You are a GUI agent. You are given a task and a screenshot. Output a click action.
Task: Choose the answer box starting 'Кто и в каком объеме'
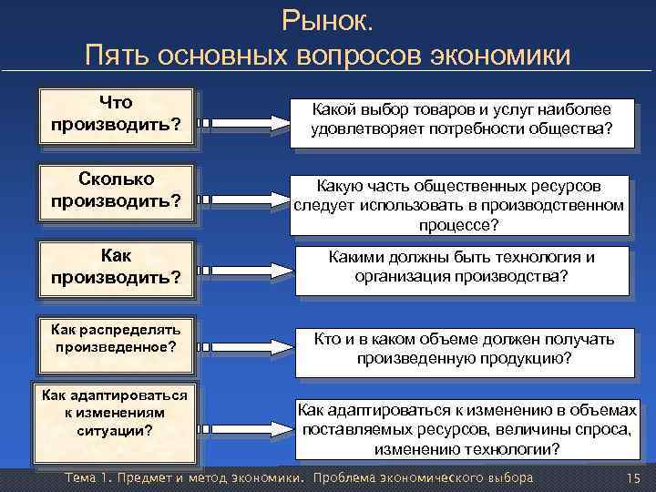click(x=464, y=349)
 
